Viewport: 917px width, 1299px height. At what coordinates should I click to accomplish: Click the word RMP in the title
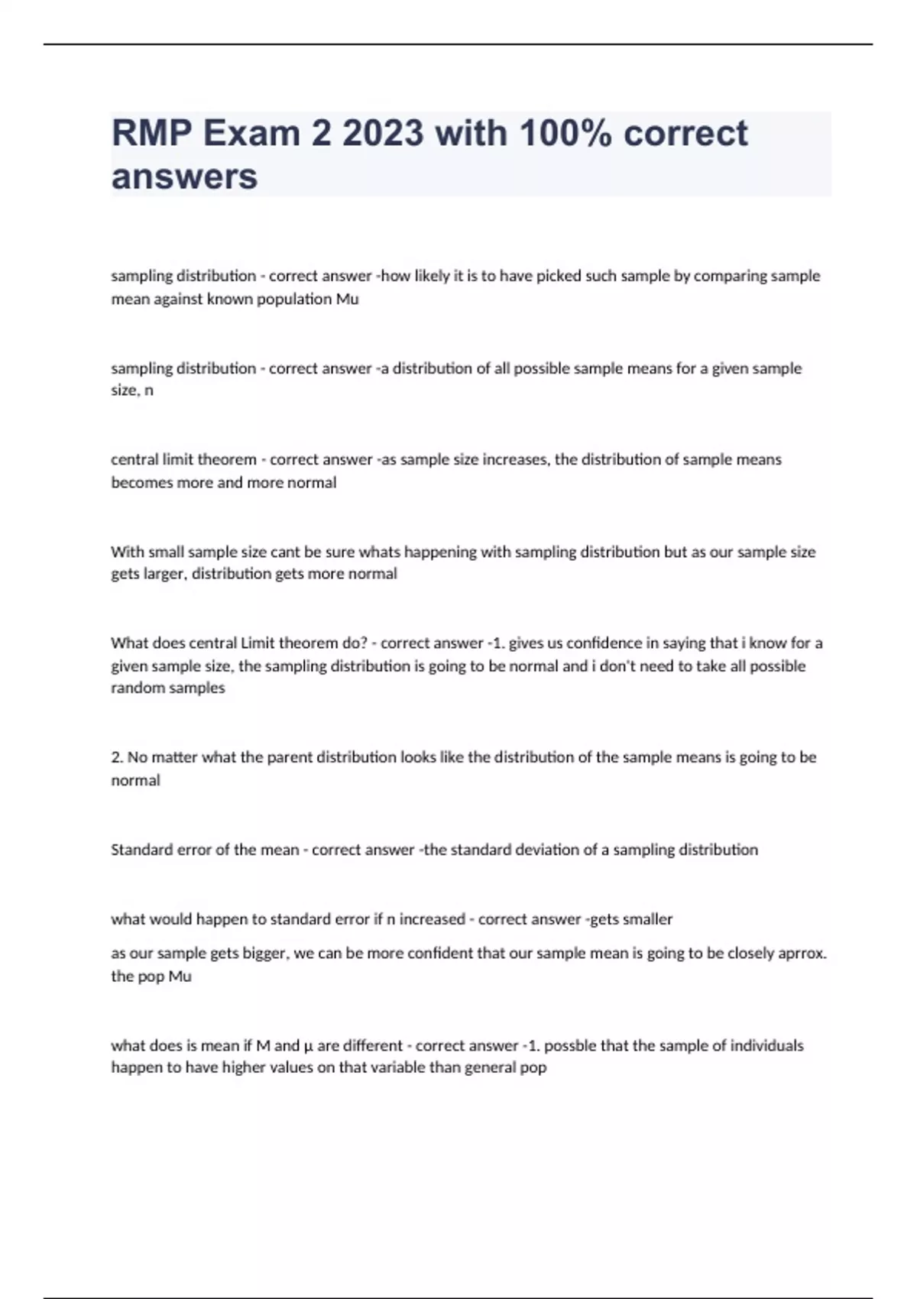click(x=152, y=134)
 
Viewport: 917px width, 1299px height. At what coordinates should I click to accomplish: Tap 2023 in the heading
click(x=382, y=134)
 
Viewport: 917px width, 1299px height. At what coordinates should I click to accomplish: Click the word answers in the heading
click(x=184, y=177)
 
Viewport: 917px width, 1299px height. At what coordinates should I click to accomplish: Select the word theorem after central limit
click(x=227, y=459)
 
